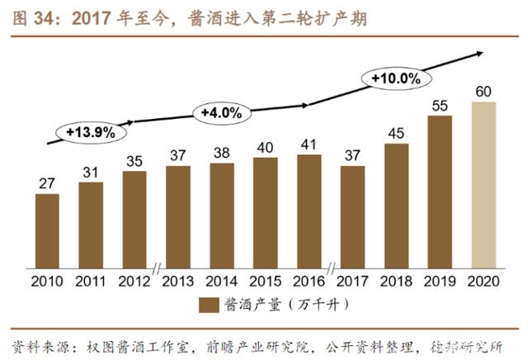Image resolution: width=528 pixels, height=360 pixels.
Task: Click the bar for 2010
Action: (x=47, y=229)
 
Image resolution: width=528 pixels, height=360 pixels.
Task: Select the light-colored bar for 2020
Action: (x=483, y=183)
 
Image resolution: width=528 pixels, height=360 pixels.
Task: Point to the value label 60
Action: (x=483, y=91)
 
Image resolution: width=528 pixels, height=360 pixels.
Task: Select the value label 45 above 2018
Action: (x=396, y=133)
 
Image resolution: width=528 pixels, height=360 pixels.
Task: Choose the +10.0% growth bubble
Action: (x=396, y=78)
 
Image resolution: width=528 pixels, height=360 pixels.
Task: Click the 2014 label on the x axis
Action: (x=221, y=282)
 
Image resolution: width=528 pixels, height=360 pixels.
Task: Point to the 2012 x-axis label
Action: (x=134, y=282)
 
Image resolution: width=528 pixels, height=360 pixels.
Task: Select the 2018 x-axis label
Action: (x=396, y=282)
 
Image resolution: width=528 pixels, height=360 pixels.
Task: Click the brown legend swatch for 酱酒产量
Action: (x=209, y=306)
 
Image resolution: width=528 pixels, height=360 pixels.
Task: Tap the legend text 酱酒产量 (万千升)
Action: (x=276, y=306)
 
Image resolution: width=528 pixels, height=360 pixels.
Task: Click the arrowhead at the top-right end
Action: (x=478, y=54)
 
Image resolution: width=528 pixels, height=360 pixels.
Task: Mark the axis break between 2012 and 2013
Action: (x=156, y=268)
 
